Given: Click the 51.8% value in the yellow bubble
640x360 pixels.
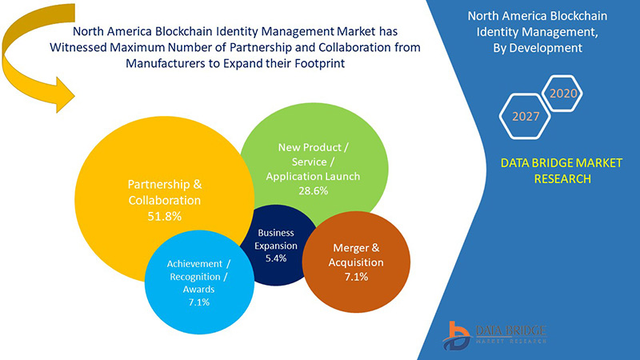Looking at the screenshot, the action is [x=165, y=216].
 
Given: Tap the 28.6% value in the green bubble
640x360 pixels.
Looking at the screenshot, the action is [x=313, y=190].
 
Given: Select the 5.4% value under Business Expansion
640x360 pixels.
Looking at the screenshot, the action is [x=276, y=258].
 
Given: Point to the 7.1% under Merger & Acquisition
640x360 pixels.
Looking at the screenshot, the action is [x=356, y=277].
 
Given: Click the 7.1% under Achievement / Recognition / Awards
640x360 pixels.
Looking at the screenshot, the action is [x=198, y=302].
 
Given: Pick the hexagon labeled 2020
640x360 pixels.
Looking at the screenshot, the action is [x=562, y=93].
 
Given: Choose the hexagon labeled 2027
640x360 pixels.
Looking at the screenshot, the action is [x=526, y=116].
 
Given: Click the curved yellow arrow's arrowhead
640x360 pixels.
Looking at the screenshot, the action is [x=65, y=95].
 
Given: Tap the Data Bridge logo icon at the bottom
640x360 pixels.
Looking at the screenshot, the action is [x=457, y=335].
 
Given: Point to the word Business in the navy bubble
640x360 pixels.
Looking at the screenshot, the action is [x=276, y=233].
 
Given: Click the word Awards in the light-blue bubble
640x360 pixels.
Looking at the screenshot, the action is [x=198, y=290].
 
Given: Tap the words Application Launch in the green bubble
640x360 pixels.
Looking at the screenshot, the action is [x=313, y=176].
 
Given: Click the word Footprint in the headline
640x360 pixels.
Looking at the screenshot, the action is [x=320, y=63].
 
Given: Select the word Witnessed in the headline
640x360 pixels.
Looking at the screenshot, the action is [x=78, y=47].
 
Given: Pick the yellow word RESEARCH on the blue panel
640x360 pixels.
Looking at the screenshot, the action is [x=562, y=178].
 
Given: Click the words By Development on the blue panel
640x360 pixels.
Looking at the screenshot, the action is [x=538, y=48].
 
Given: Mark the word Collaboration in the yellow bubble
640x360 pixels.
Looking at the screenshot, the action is [x=165, y=201].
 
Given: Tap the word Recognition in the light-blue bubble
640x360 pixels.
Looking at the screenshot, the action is [x=195, y=277].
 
